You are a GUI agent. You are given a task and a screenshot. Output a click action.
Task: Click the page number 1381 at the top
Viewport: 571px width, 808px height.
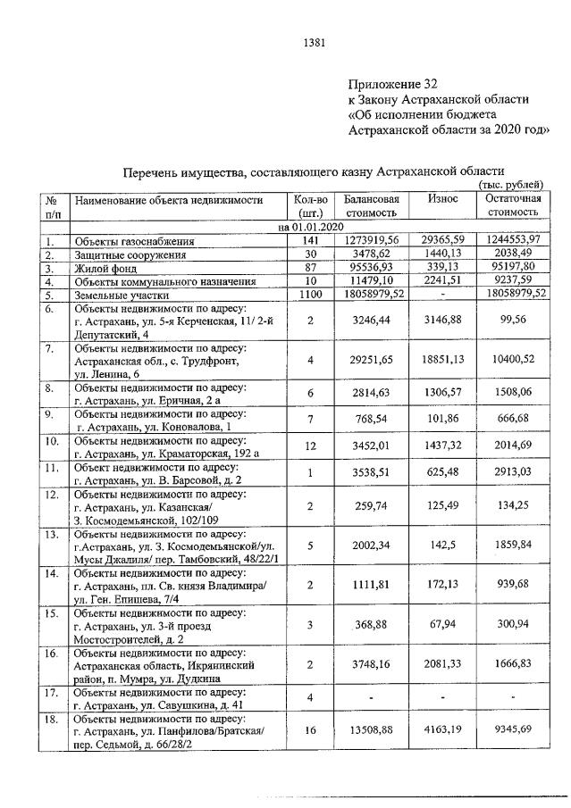[314, 42]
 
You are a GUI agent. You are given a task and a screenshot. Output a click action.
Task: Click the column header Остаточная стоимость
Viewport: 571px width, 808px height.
[512, 205]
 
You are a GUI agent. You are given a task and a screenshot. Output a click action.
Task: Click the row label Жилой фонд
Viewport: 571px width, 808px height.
[104, 268]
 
